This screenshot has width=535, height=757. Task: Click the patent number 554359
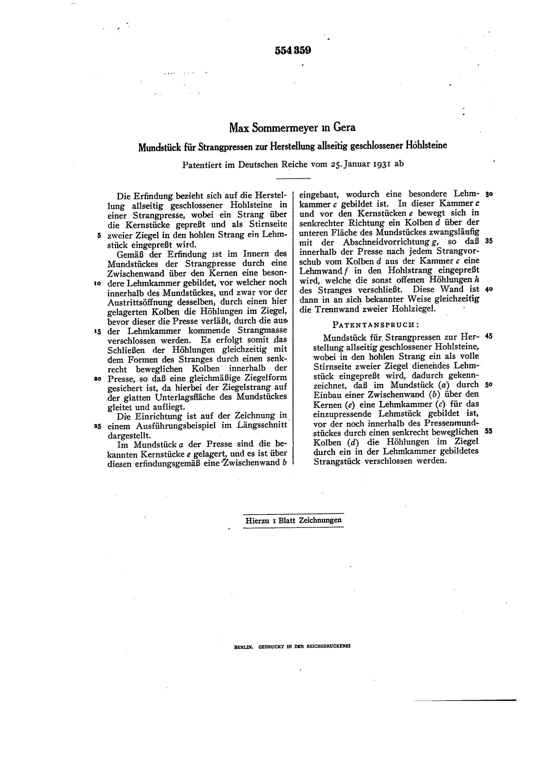tap(293, 51)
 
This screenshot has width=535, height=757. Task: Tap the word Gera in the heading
tap(344, 127)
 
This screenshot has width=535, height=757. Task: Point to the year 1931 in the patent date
tap(382, 164)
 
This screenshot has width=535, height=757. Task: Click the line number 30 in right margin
tap(489, 194)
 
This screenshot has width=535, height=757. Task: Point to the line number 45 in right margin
tap(489, 337)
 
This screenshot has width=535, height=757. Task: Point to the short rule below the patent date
tap(293, 178)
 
